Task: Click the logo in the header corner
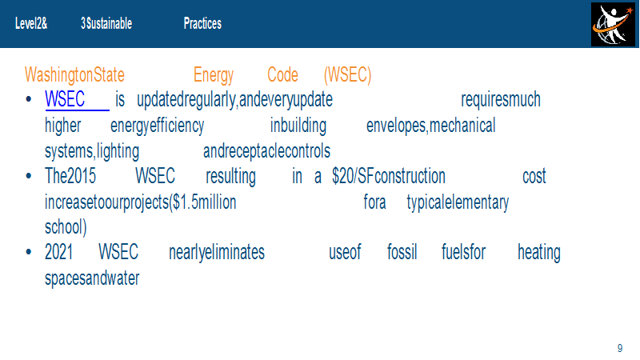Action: pos(613,24)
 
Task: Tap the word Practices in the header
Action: pos(202,24)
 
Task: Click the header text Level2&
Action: pos(31,24)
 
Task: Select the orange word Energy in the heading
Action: pos(214,75)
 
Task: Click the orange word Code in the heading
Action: pos(282,74)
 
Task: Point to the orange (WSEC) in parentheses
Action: pos(347,75)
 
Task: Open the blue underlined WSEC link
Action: pos(65,99)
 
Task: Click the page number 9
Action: pos(620,348)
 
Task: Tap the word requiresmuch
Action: pos(501,100)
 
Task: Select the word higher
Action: pos(63,126)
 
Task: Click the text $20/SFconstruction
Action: pos(389,176)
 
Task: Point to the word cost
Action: pos(534,177)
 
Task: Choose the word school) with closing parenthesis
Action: pos(66,227)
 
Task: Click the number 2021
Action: pos(58,252)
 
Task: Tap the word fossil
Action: pos(402,252)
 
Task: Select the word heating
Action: pos(538,253)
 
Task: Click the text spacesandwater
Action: pos(92,278)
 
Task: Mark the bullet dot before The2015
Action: pos(29,176)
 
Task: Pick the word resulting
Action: pos(230,177)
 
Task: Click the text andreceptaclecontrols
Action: pos(266,151)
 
